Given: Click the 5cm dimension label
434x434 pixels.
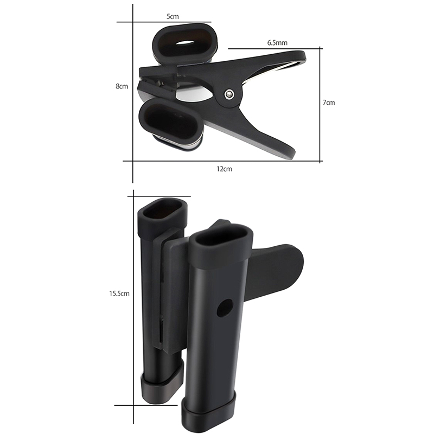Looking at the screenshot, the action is pyautogui.click(x=173, y=17).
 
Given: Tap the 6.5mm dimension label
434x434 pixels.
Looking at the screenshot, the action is pyautogui.click(x=277, y=43).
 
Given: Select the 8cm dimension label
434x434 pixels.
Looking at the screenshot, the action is pyautogui.click(x=122, y=86).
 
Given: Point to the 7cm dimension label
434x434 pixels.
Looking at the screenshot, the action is pyautogui.click(x=329, y=103).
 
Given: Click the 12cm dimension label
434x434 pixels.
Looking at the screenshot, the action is pyautogui.click(x=224, y=169).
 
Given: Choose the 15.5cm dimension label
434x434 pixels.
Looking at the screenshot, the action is pyautogui.click(x=119, y=293).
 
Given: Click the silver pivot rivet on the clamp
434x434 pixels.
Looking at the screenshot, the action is pyautogui.click(x=229, y=94).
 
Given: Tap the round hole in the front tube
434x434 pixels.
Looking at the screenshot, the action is pyautogui.click(x=225, y=308).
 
